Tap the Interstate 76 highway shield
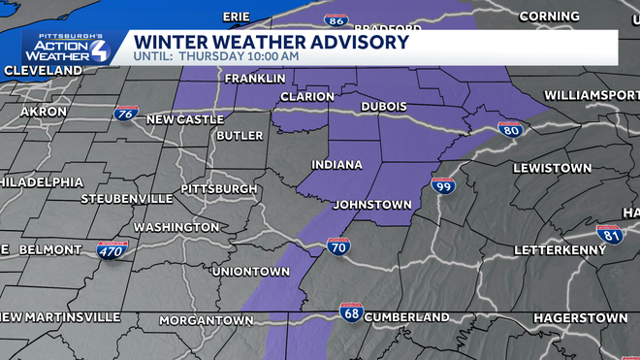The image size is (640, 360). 124,115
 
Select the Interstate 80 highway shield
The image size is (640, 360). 512,129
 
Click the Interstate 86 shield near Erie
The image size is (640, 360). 336,18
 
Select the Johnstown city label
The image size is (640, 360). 372,205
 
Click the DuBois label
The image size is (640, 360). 383,106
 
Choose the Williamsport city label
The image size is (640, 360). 592,94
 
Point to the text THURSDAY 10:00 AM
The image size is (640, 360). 239,57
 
